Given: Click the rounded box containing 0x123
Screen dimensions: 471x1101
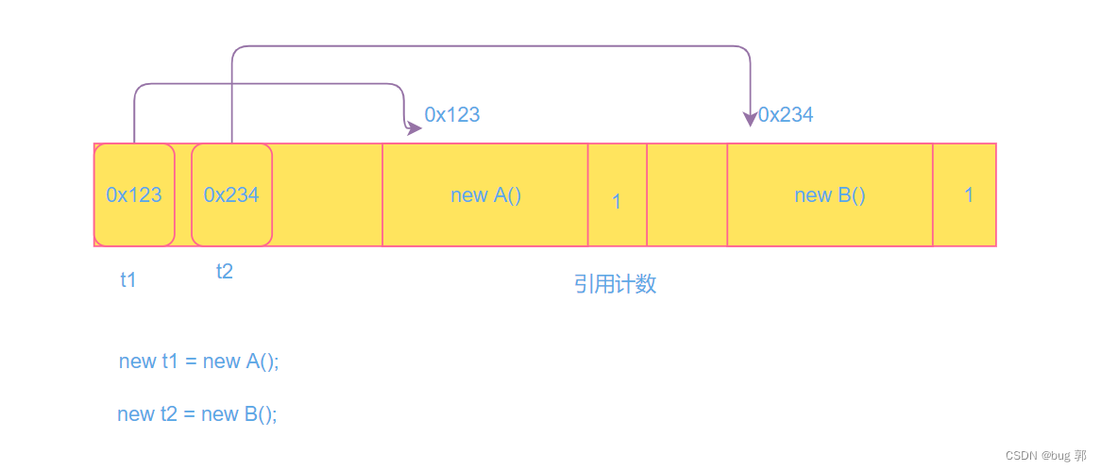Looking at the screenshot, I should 134,194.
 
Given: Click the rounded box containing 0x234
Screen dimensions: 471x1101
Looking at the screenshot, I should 231,194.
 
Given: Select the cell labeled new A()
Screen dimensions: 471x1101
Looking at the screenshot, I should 485,195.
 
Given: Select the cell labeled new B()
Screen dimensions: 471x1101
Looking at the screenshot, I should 829,195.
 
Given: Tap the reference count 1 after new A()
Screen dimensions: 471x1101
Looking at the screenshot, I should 617,201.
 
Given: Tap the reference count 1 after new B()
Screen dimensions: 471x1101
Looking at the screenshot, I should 968,194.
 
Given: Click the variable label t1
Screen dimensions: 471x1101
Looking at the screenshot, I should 128,279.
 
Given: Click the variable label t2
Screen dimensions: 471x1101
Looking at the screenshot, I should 224,272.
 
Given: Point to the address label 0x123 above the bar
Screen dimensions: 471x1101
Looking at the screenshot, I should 452,115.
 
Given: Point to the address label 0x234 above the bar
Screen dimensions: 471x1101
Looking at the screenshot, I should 786,115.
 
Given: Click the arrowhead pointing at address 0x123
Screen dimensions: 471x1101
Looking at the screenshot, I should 414,128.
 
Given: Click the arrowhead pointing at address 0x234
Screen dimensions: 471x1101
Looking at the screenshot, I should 750,118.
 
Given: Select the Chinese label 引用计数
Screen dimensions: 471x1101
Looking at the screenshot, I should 615,284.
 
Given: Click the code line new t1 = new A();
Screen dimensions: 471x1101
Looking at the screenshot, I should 199,362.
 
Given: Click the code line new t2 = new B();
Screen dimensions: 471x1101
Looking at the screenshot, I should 197,414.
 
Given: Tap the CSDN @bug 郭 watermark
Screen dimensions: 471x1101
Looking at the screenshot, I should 1045,455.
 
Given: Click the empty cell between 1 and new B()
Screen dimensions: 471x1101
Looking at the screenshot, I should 686,195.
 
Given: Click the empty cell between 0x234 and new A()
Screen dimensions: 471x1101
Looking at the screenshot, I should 327,195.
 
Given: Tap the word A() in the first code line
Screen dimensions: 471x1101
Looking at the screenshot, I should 263,362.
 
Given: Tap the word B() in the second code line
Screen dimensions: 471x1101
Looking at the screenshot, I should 261,414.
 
